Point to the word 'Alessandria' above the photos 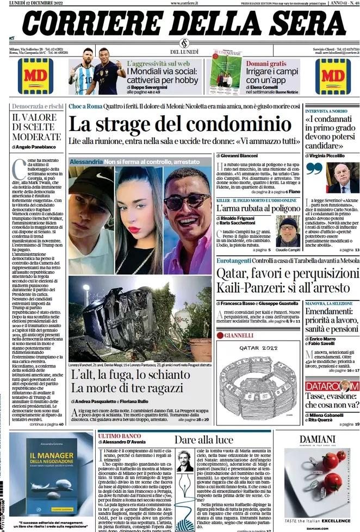tap(86, 162)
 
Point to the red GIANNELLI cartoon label tap(238, 335)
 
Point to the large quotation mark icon tap(314, 168)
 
